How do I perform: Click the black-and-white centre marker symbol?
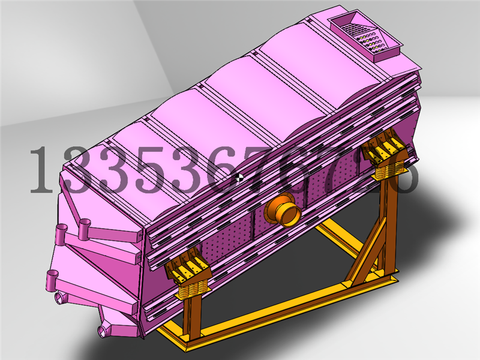[x=240, y=177]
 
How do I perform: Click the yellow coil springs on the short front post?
[x=193, y=288]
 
